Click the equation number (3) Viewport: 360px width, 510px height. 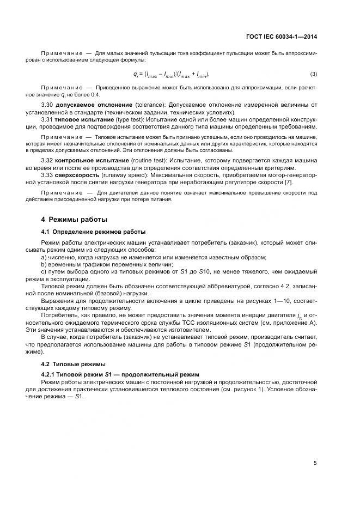point(314,74)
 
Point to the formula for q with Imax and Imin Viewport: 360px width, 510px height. point(172,74)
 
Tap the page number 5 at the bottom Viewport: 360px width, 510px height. point(315,463)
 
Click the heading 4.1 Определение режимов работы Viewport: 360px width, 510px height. point(86,231)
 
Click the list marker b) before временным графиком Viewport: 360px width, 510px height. point(44,264)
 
